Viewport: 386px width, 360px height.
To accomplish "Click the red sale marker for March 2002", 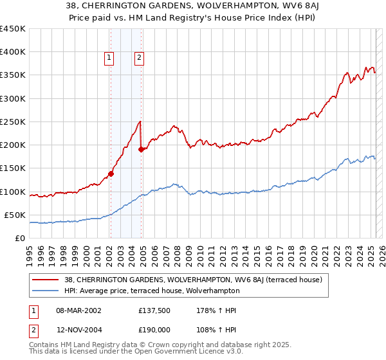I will pyautogui.click(x=111, y=173).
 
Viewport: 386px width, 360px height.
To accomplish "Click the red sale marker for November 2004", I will pyautogui.click(x=141, y=149).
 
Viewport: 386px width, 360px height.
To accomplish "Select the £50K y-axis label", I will pyautogui.click(x=14, y=215).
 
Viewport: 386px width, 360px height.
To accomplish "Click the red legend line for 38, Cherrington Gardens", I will pyautogui.click(x=46, y=280).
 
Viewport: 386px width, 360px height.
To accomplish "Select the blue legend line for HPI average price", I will pyautogui.click(x=46, y=291).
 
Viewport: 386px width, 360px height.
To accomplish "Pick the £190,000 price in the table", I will pyautogui.click(x=154, y=329).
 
